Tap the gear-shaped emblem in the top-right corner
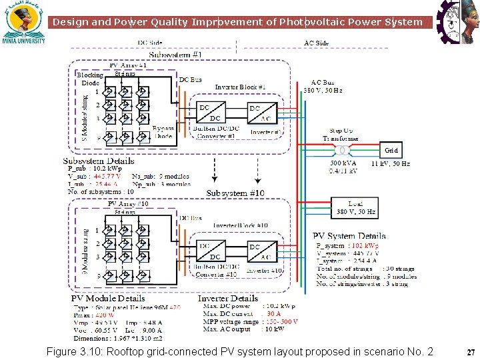coord(457,20)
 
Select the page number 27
coord(471,352)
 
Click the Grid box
coord(391,151)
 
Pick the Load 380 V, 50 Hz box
coord(355,208)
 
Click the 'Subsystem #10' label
coord(235,193)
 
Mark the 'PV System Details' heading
coord(349,236)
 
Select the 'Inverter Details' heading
coord(228,299)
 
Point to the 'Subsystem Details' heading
coord(99,161)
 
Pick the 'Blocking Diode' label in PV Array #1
coord(90,79)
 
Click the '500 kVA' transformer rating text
coord(343,163)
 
